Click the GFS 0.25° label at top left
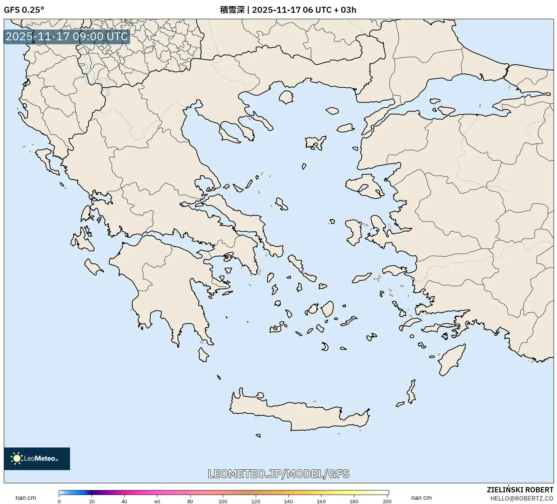24,10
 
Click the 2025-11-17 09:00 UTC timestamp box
67,37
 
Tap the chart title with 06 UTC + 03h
288,10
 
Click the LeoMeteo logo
37,458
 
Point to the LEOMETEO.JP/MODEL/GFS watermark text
278,473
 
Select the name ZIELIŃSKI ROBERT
520,490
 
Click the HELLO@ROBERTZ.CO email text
522,498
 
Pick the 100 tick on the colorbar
223,501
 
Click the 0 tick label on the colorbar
59,501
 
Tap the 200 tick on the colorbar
387,501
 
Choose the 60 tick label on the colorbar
157,501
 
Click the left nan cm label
26,498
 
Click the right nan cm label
421,498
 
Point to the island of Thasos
286,97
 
